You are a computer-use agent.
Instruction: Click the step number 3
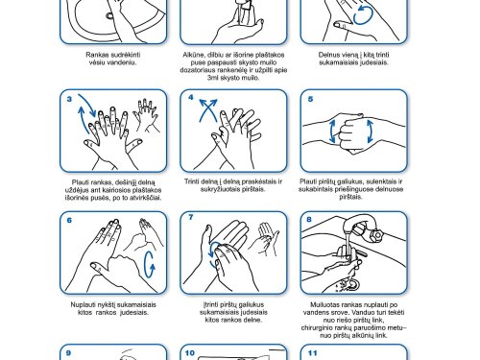pyautogui.click(x=69, y=99)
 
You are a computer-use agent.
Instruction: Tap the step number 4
pyautogui.click(x=191, y=97)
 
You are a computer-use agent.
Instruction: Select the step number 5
pyautogui.click(x=310, y=99)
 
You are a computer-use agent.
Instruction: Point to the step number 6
pyautogui.click(x=69, y=220)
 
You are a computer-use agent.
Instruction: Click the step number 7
pyautogui.click(x=191, y=217)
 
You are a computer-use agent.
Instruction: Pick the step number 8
pyautogui.click(x=309, y=219)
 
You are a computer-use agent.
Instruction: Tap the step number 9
pyautogui.click(x=68, y=353)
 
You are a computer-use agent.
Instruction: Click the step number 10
pyautogui.click(x=190, y=353)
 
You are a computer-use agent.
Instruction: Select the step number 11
pyautogui.click(x=312, y=353)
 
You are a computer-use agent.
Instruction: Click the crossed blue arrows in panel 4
pyautogui.click(x=208, y=109)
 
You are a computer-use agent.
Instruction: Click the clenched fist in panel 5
pyautogui.click(x=351, y=135)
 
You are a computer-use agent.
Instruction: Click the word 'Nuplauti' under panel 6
pyautogui.click(x=83, y=304)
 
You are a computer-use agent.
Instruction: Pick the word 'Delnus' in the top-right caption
pyautogui.click(x=327, y=55)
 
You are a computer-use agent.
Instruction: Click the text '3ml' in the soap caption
pyautogui.click(x=212, y=78)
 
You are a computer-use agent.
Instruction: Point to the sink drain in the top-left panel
pyautogui.click(x=109, y=15)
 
